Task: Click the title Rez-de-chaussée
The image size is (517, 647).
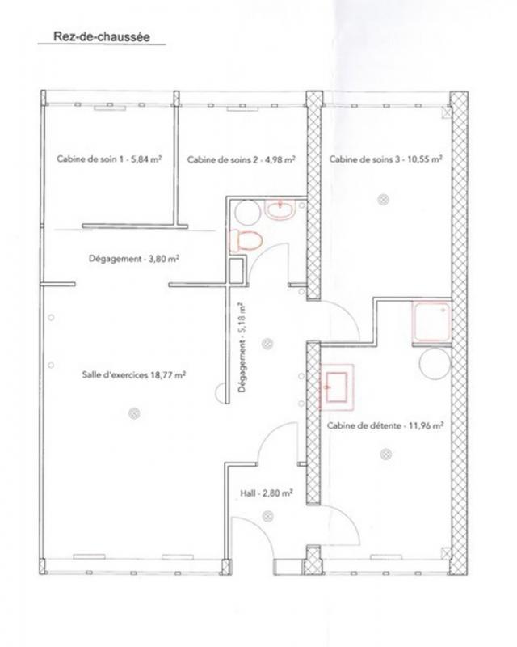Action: (101, 36)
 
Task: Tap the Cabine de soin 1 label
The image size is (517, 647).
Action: (108, 160)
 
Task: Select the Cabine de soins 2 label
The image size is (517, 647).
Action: (241, 160)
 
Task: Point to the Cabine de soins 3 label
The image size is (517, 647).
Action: (385, 160)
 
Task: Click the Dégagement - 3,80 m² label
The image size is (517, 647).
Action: (133, 260)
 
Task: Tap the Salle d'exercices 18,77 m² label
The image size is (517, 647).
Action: (134, 374)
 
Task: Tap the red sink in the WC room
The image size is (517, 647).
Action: (280, 210)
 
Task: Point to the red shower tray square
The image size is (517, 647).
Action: (431, 323)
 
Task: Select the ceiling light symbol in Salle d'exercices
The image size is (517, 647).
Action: (133, 413)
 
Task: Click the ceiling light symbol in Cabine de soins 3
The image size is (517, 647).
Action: (385, 199)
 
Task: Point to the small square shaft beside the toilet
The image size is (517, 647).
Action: (236, 271)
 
